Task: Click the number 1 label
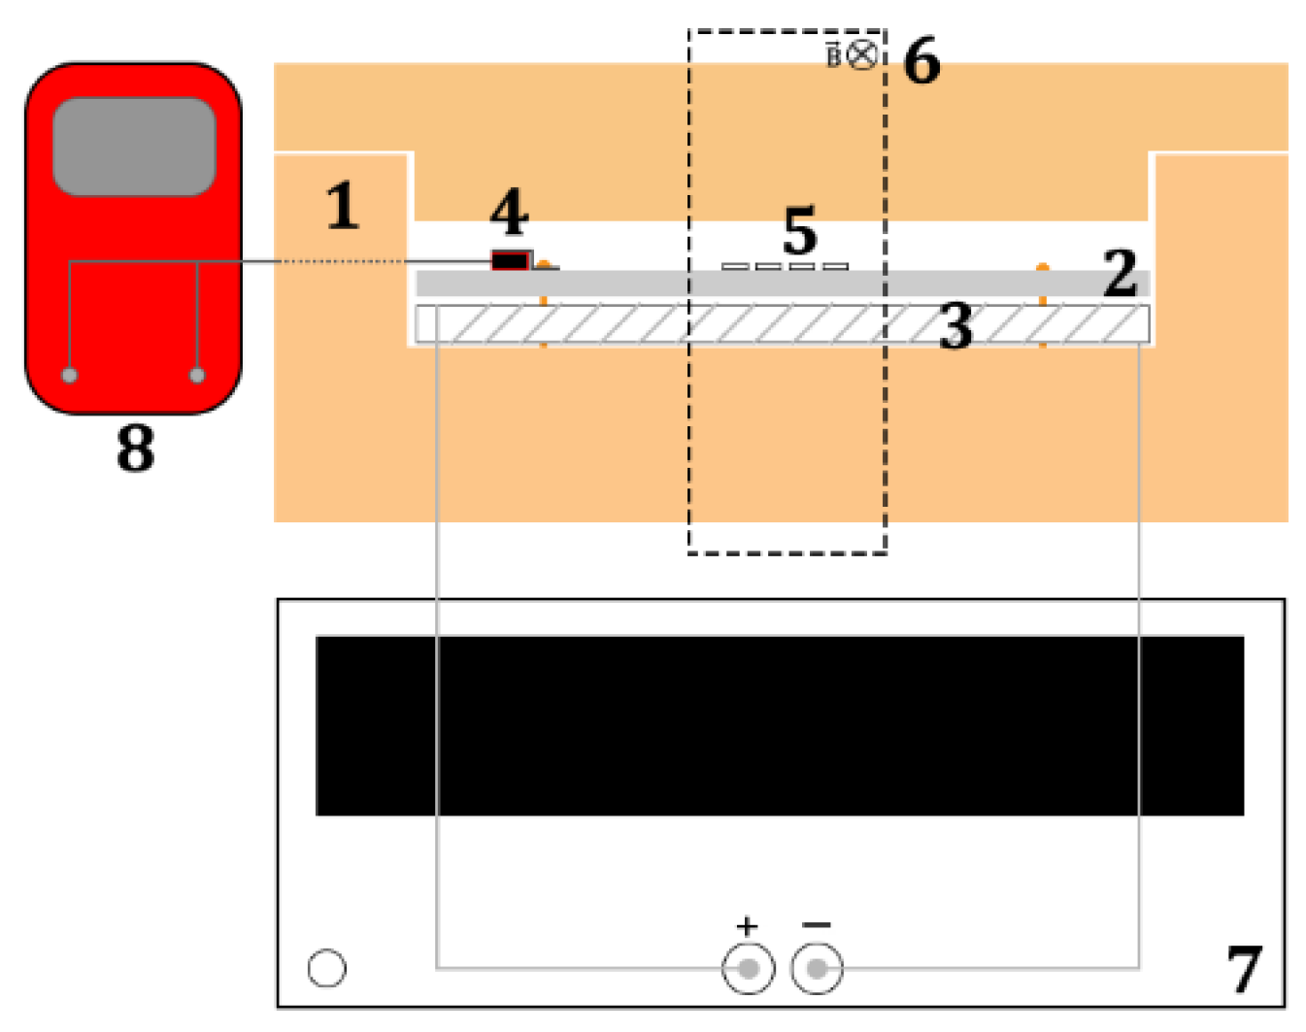point(343,206)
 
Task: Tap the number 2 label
point(1120,273)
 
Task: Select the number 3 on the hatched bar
point(955,326)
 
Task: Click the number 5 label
point(800,230)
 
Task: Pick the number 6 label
point(921,60)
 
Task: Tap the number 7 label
point(1245,969)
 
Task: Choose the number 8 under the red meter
point(135,448)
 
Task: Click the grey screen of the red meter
point(134,147)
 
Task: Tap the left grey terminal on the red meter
point(70,375)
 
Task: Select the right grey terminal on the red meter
point(197,375)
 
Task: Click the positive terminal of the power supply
point(749,968)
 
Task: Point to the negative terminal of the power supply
point(817,968)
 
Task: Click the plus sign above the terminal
point(747,926)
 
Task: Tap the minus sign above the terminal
point(817,924)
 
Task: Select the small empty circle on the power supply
point(327,968)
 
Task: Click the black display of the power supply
point(780,725)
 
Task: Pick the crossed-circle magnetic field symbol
point(862,55)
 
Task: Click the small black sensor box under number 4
point(510,261)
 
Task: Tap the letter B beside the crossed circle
point(834,55)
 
